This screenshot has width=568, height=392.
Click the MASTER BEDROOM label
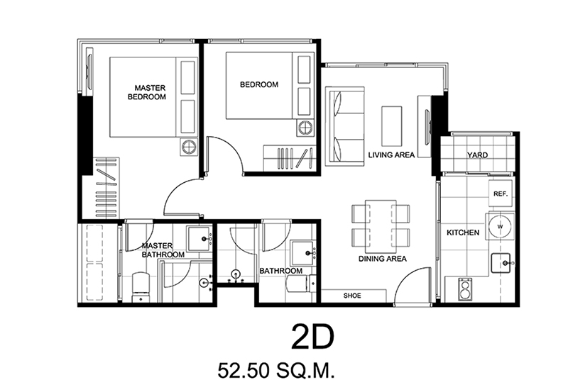click(147, 92)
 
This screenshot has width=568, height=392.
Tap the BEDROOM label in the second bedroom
click(259, 84)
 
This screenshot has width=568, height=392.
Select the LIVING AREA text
click(391, 155)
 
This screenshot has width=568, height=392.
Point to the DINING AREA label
click(383, 259)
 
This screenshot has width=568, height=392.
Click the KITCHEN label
click(463, 233)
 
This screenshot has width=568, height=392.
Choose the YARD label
click(477, 155)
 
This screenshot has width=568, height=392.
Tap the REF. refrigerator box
click(501, 194)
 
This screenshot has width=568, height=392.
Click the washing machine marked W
click(500, 227)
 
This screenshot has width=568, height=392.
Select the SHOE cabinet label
click(352, 296)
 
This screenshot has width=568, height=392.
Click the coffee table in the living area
click(392, 126)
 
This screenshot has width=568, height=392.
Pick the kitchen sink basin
click(501, 263)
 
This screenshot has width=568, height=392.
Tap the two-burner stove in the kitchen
click(464, 289)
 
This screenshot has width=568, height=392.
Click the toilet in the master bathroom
click(141, 287)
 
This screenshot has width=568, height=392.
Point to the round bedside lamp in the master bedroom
click(189, 147)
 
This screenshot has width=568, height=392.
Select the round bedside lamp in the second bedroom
click(305, 128)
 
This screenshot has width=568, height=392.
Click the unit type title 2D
click(312, 337)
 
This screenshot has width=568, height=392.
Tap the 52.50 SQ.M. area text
click(276, 371)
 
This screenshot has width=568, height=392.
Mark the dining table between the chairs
click(381, 226)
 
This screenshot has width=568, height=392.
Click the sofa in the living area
click(344, 126)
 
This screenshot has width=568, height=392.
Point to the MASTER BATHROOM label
click(163, 250)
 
